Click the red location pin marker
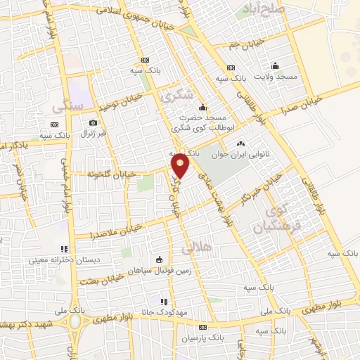click(x=181, y=165)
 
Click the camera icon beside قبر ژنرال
click(x=93, y=122)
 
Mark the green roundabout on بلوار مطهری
click(x=75, y=322)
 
